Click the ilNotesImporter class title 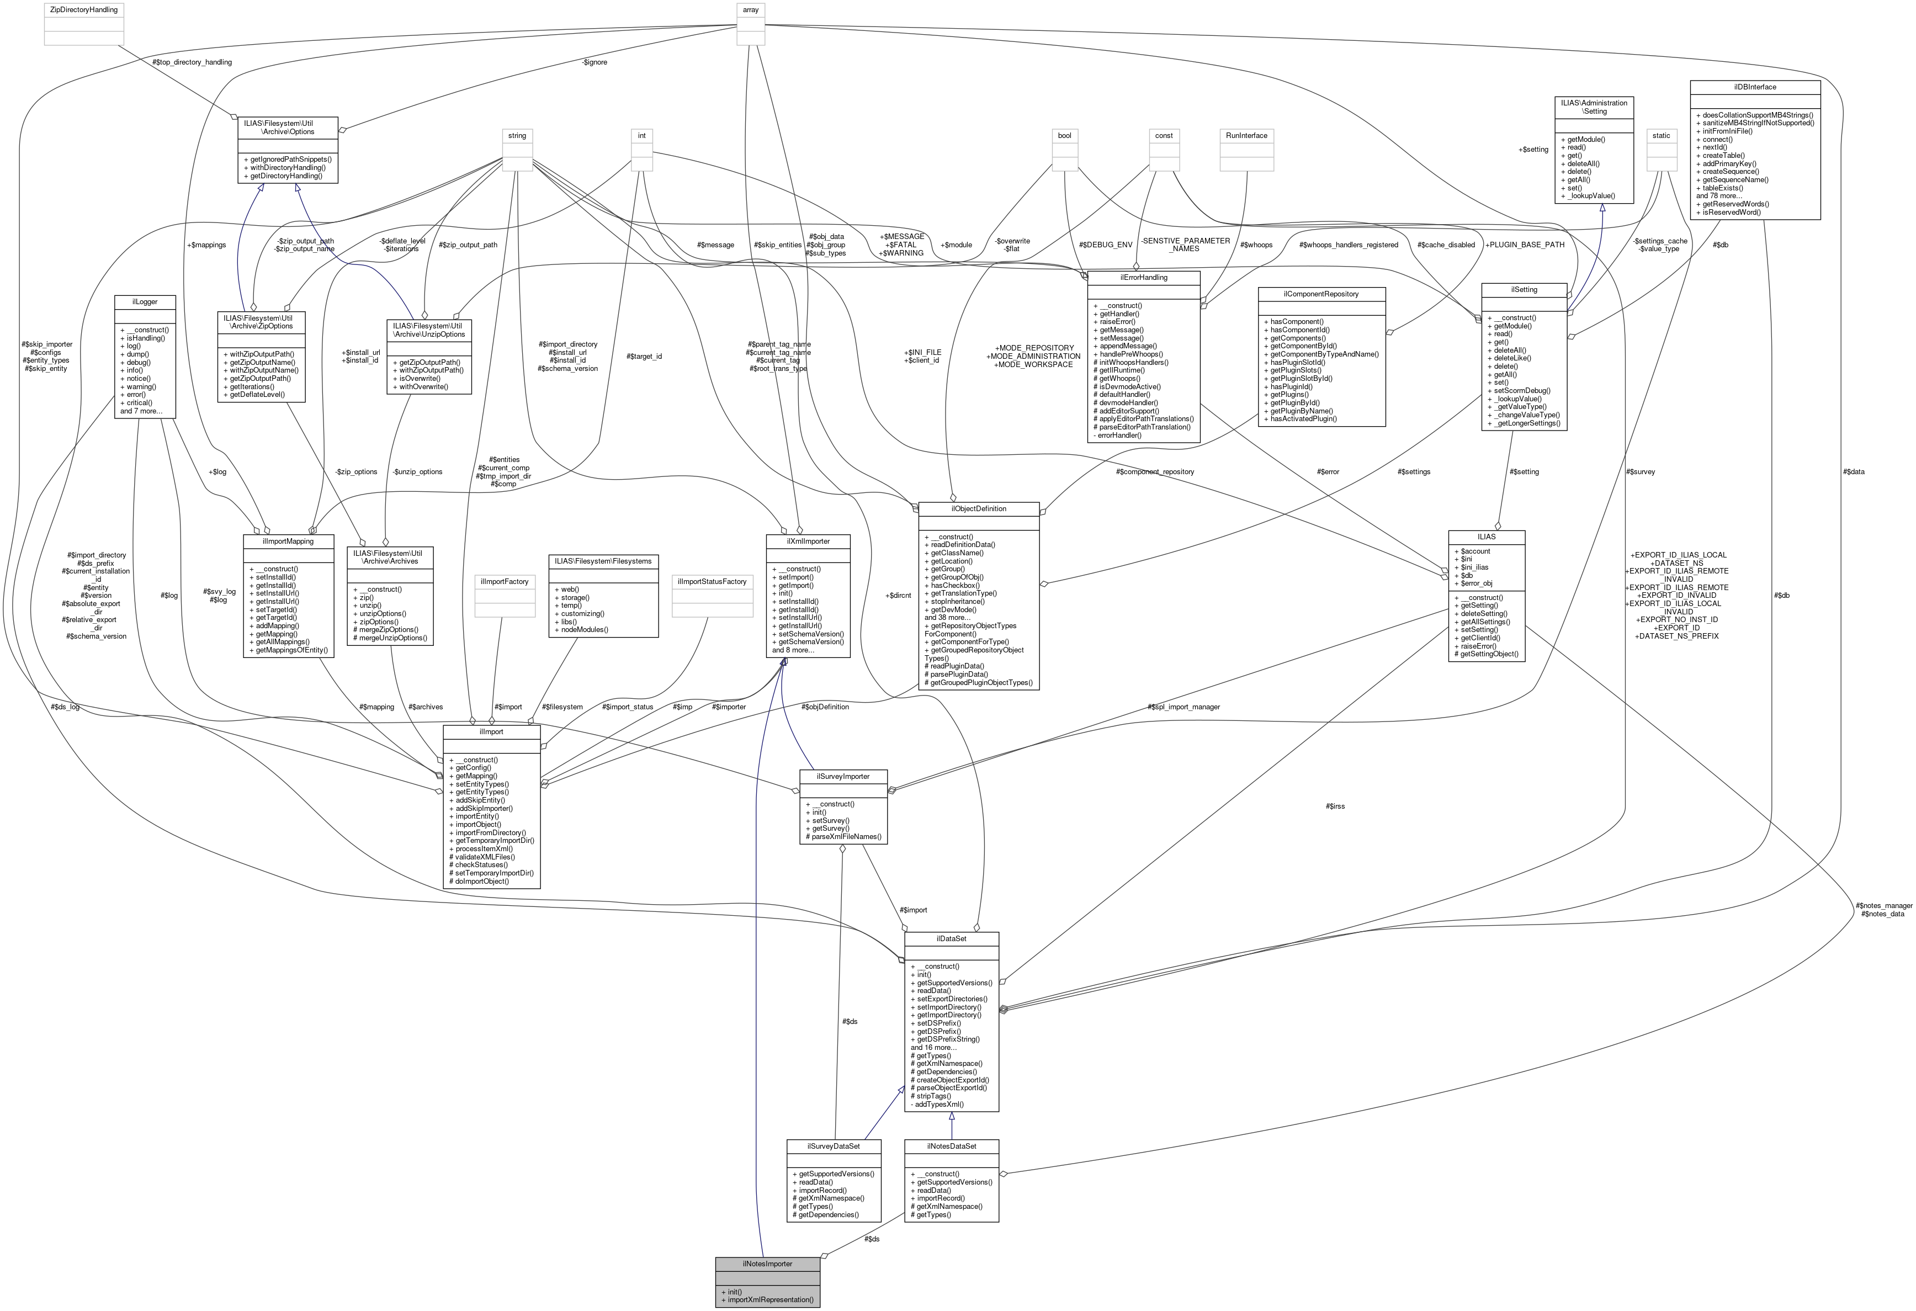(x=767, y=1263)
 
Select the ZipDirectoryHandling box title (x=83, y=10)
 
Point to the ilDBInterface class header (x=1754, y=87)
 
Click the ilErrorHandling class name (x=1144, y=278)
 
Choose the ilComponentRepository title (x=1321, y=294)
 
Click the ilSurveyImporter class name (x=842, y=776)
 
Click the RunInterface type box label (x=1246, y=135)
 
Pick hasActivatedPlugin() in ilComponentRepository (x=1303, y=419)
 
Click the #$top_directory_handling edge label (x=192, y=62)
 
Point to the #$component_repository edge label (x=1154, y=471)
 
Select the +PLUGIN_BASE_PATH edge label (x=1525, y=245)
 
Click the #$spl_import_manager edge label (x=1183, y=707)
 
